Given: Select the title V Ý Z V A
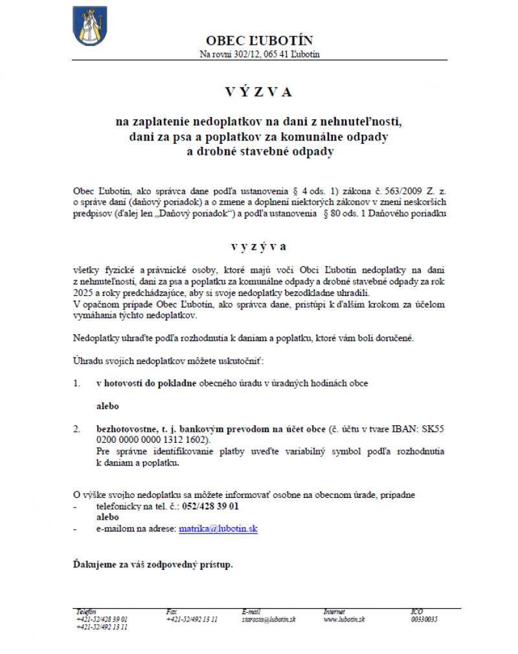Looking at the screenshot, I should [259, 92].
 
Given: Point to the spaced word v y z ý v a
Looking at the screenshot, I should [259, 247].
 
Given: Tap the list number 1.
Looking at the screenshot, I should [76, 383].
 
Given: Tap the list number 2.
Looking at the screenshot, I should [76, 429].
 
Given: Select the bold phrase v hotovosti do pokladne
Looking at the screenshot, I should [146, 383].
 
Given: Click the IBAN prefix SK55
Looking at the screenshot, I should [433, 429].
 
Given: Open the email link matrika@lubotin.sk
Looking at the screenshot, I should [218, 529].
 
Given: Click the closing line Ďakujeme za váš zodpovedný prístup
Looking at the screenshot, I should [153, 565].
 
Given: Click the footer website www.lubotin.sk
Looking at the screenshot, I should [344, 620].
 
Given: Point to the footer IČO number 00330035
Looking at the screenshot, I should [424, 620].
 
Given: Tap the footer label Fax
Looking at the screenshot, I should [171, 612].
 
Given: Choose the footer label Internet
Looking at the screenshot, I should [334, 612].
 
